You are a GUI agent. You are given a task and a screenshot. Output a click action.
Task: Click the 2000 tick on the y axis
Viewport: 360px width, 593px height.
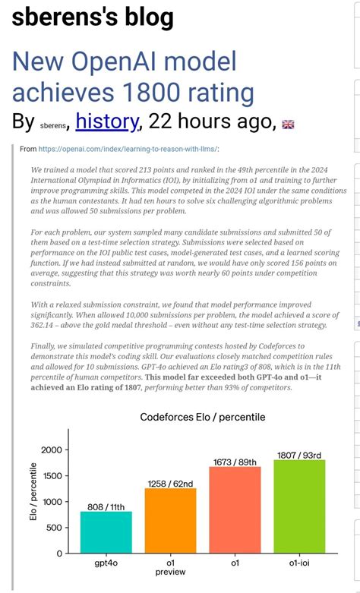(x=51, y=450)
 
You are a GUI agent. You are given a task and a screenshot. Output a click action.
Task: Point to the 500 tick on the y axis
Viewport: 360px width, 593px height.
(x=54, y=528)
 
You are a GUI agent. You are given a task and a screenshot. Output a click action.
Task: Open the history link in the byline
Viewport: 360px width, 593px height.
(x=107, y=121)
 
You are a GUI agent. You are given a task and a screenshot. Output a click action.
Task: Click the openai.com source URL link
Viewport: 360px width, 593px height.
(x=128, y=150)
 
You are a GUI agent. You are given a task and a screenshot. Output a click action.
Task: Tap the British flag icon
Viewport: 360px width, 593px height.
(x=289, y=124)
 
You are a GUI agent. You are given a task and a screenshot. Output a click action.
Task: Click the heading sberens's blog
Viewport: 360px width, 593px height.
(x=93, y=17)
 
